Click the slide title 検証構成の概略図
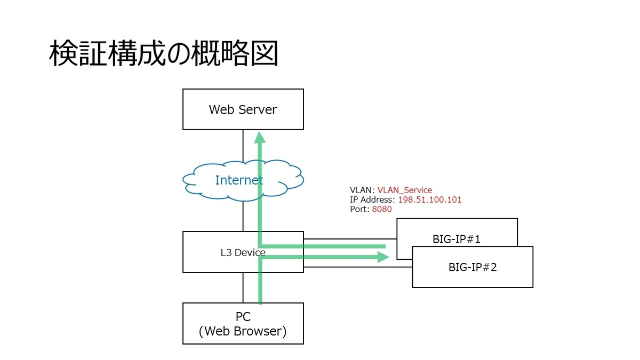[164, 54]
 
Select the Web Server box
[243, 109]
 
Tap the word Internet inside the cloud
[239, 180]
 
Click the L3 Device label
[243, 252]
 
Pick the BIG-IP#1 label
[457, 239]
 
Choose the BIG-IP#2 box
[473, 267]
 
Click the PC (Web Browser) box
[243, 324]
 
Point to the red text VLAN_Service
[404, 190]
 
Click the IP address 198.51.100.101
[430, 199]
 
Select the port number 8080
[381, 209]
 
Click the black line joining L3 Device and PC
[243, 288]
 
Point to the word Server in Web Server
[258, 109]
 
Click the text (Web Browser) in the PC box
[243, 331]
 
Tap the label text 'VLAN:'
[362, 190]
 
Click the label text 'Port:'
[359, 209]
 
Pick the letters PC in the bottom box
[243, 317]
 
